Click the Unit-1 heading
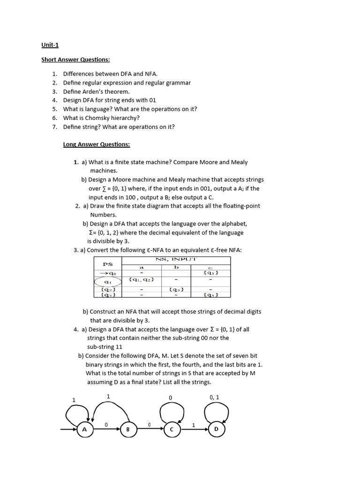point(50,45)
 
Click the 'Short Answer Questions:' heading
point(75,60)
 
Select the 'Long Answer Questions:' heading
point(97,144)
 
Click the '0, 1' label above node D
point(214,397)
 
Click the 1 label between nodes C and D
point(194,425)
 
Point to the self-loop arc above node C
point(170,412)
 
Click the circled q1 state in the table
point(108,282)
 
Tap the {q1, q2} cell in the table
point(141,280)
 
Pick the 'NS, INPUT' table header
point(176,259)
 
